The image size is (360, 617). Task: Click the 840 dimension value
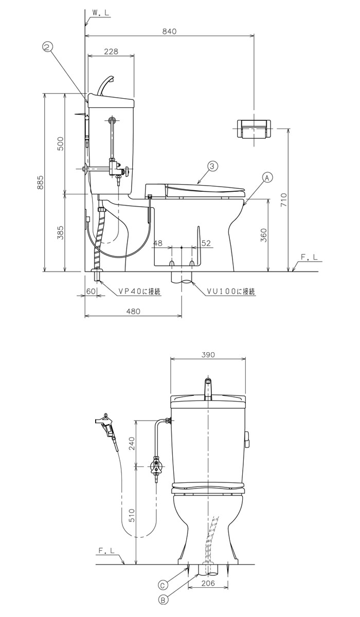click(x=169, y=31)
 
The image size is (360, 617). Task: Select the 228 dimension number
click(x=111, y=51)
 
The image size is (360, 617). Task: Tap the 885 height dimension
click(x=40, y=183)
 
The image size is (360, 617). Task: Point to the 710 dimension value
click(x=284, y=199)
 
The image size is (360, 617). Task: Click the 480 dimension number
click(x=133, y=311)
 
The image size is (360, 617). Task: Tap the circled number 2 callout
click(x=47, y=47)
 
